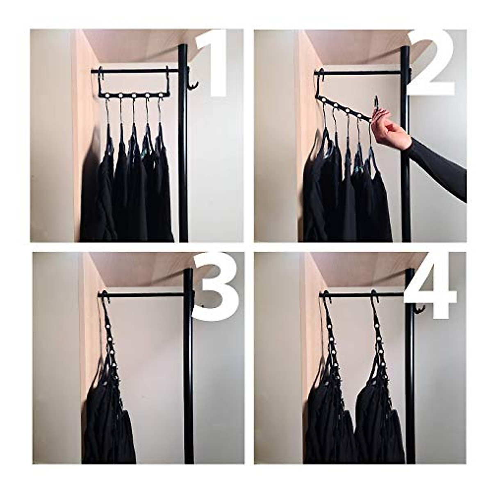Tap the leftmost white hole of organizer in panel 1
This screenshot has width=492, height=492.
pyautogui.click(x=108, y=95)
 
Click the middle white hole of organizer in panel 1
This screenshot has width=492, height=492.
pyautogui.click(x=133, y=95)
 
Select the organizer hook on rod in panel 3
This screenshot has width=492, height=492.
pyautogui.click(x=104, y=296)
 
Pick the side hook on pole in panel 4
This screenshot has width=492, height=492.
pyautogui.click(x=418, y=310)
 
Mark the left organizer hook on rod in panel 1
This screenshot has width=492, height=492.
pyautogui.click(x=100, y=76)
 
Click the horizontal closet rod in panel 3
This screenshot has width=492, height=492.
pyautogui.click(x=148, y=295)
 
